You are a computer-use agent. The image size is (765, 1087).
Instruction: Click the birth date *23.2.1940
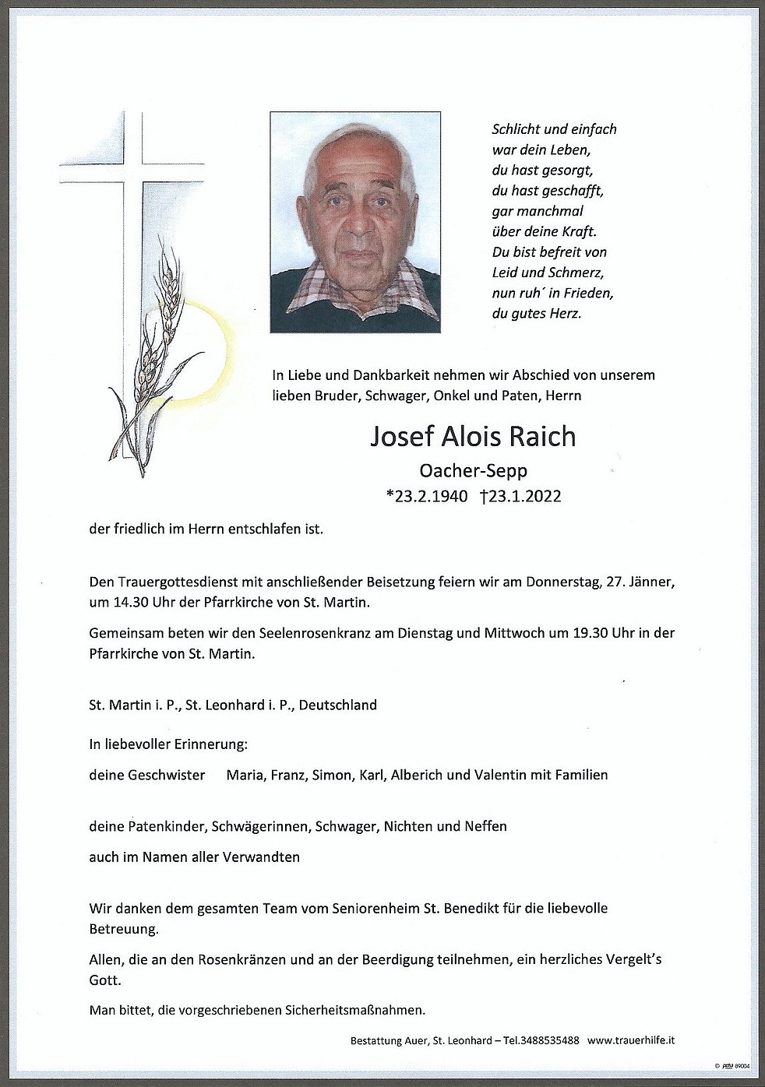coord(427,496)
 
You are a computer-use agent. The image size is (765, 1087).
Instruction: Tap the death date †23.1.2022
coord(520,496)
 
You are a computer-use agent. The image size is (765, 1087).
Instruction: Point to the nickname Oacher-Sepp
coord(473,470)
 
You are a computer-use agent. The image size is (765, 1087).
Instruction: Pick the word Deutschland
coord(338,705)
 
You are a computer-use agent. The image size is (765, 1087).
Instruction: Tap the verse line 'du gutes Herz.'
coord(537,314)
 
